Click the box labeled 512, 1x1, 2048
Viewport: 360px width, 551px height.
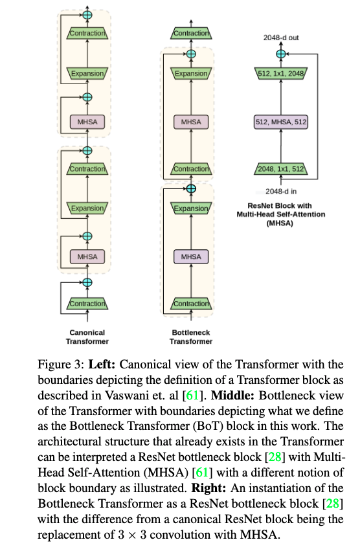280,73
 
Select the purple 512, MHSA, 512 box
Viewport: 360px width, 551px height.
280,121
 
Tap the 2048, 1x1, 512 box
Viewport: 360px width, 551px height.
280,170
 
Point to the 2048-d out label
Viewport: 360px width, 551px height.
280,38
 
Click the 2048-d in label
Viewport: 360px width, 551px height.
280,192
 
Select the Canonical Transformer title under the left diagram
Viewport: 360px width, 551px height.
87,337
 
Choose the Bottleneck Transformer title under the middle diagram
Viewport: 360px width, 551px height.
191,337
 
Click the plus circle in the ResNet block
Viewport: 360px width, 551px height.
280,54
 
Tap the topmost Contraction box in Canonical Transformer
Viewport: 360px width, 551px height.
87,32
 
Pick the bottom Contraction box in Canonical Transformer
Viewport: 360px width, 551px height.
87,303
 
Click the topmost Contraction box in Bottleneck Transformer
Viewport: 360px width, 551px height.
191,32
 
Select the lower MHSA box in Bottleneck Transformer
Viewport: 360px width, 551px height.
191,256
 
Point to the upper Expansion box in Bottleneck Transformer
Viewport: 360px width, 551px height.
191,73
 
